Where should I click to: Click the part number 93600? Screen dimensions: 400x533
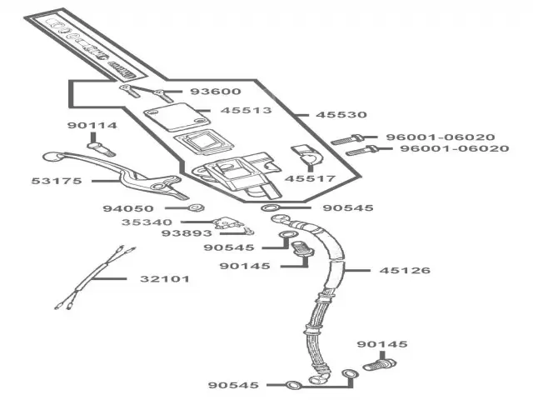(215, 92)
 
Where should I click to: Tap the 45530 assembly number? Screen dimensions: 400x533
(341, 114)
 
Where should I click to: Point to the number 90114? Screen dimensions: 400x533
(92, 126)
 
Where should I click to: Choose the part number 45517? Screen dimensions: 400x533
(309, 178)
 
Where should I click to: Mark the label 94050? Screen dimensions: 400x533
(146, 208)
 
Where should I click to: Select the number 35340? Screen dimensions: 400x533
(147, 222)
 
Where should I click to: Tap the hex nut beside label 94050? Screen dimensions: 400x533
(195, 208)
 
